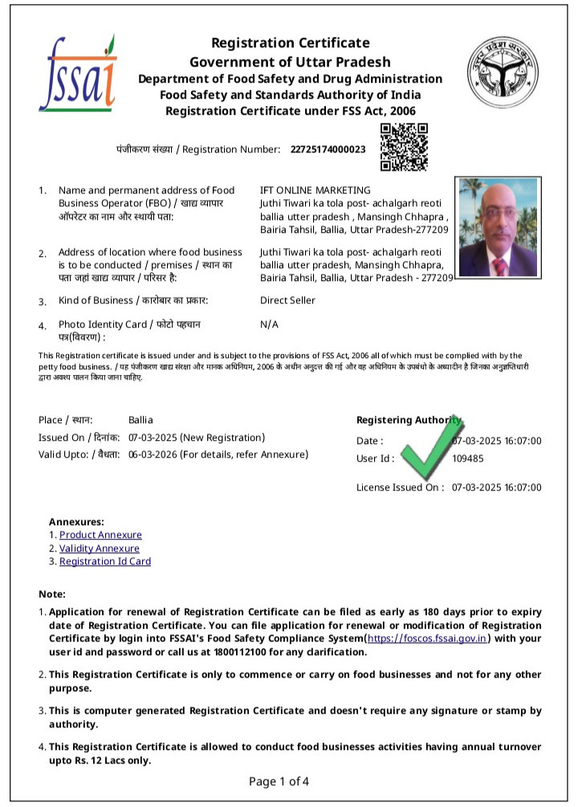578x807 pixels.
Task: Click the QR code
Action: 404,147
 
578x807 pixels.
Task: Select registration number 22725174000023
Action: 328,149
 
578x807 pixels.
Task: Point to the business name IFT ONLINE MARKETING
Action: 315,190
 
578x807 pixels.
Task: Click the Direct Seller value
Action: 287,300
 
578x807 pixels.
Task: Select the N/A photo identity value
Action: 269,324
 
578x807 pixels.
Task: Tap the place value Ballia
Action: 140,420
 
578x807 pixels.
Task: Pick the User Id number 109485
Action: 468,459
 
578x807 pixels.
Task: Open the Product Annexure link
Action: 100,535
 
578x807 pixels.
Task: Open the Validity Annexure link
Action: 100,548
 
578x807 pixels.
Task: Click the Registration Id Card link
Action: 105,561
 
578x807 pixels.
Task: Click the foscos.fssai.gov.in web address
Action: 427,638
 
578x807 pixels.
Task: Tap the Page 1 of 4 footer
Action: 279,781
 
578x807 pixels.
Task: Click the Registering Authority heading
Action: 409,420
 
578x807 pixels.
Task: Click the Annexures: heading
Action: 76,521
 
